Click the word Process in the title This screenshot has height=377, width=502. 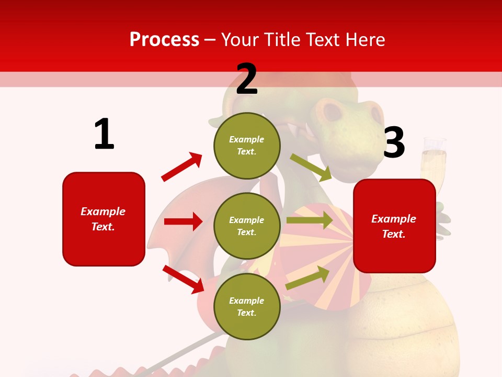[164, 40]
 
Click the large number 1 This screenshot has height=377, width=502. [104, 135]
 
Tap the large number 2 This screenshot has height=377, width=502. [247, 79]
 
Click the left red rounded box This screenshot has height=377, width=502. [104, 219]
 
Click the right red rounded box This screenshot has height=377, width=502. [394, 226]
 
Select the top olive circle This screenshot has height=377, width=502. [247, 146]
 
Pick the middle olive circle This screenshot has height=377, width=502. [247, 226]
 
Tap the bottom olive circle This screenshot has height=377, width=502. [247, 306]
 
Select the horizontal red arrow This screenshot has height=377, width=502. [183, 221]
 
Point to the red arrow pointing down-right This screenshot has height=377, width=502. [183, 279]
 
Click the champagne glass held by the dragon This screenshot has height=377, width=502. [434, 162]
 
